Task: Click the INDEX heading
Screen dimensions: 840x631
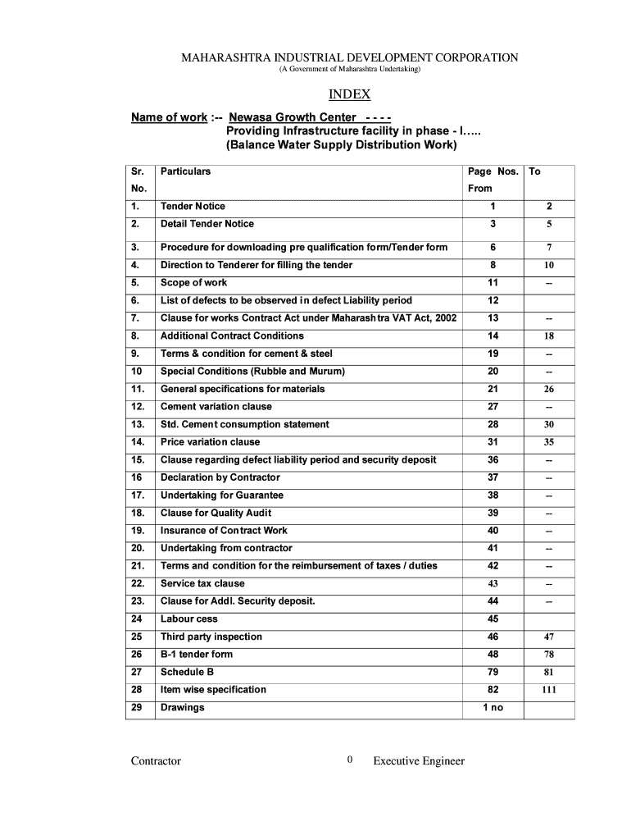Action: pyautogui.click(x=349, y=94)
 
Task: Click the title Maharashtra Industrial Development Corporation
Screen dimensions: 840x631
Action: pyautogui.click(x=349, y=57)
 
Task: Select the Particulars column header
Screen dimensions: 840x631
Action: pyautogui.click(x=185, y=171)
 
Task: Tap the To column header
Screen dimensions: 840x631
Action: pyautogui.click(x=534, y=171)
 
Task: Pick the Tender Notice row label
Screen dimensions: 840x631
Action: pyautogui.click(x=193, y=206)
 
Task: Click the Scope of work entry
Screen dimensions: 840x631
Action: pyautogui.click(x=194, y=283)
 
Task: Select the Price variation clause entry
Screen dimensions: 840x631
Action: pyautogui.click(x=210, y=442)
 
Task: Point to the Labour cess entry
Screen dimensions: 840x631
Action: pyautogui.click(x=189, y=619)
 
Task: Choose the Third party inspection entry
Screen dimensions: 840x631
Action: pyautogui.click(x=211, y=637)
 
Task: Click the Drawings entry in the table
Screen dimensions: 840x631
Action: pyautogui.click(x=183, y=707)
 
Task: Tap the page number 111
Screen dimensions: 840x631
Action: pyautogui.click(x=548, y=690)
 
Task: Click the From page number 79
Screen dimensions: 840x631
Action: pyautogui.click(x=493, y=672)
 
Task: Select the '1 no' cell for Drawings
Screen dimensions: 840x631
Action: pyautogui.click(x=493, y=707)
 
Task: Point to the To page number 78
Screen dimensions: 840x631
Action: pyautogui.click(x=548, y=655)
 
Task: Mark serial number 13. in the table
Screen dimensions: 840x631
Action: pyautogui.click(x=138, y=424)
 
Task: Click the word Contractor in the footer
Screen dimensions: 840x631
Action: pyautogui.click(x=156, y=760)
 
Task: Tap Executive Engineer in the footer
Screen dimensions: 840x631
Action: pyautogui.click(x=419, y=760)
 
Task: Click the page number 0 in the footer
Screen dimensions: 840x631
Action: pyautogui.click(x=350, y=760)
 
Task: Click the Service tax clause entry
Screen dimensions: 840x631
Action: pyautogui.click(x=202, y=583)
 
